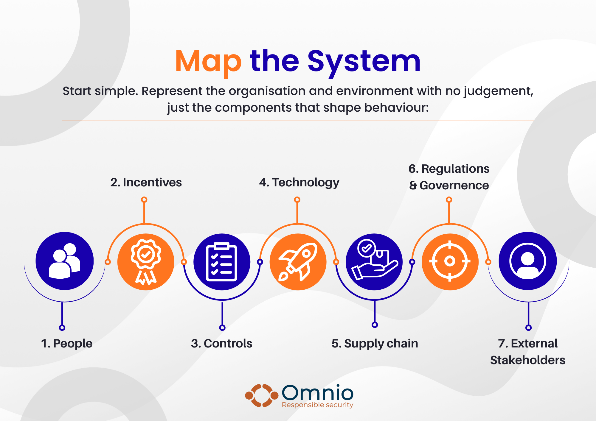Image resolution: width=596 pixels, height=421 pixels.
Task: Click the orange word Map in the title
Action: point(208,62)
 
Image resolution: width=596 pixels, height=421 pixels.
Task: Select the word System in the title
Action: point(364,62)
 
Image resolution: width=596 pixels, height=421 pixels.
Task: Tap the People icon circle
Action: point(65,261)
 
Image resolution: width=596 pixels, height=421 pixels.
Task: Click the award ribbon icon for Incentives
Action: point(146,262)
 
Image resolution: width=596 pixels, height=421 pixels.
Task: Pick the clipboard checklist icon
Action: point(222,262)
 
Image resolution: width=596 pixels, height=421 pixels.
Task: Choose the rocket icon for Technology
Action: point(298,262)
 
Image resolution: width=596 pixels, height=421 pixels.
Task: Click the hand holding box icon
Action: point(374,262)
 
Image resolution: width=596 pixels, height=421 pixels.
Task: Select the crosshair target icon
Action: point(450,262)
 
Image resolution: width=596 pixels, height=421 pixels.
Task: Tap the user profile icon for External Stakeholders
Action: point(528,261)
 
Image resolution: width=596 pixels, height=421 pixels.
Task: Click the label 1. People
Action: point(67,344)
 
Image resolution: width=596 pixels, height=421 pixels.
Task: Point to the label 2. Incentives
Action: point(146,183)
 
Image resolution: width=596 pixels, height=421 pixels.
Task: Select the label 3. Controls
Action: point(222,344)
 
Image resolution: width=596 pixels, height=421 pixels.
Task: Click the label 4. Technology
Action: point(299,183)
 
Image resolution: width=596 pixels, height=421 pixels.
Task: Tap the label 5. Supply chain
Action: point(375,344)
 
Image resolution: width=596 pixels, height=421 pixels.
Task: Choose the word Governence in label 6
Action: point(454,185)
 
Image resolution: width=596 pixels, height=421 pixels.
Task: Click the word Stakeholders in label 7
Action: point(528,360)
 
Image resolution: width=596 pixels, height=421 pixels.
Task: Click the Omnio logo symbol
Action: point(262,395)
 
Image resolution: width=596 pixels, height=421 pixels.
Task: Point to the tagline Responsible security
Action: point(317,405)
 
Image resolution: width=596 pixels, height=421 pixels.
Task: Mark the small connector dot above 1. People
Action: point(62,328)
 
